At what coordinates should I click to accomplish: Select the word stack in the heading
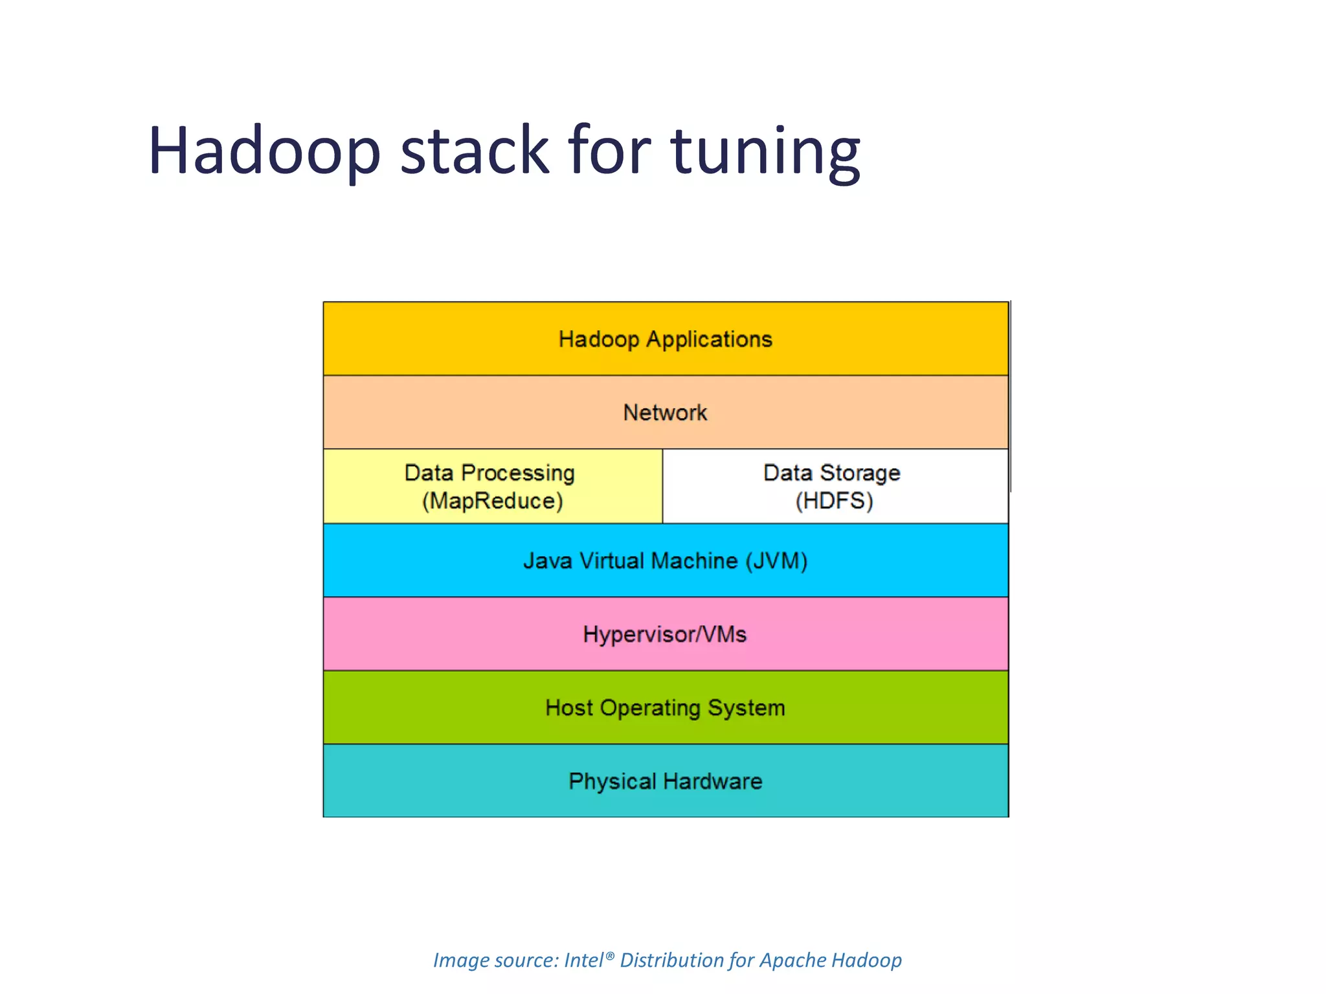click(x=475, y=150)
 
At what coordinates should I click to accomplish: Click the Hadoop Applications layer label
click(x=666, y=339)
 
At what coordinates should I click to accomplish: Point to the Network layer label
click(x=665, y=412)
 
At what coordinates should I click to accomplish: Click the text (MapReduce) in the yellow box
click(x=492, y=501)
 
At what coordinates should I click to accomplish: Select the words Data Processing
click(x=489, y=472)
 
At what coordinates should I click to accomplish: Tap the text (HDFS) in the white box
click(x=834, y=501)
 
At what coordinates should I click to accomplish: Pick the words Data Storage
click(x=831, y=472)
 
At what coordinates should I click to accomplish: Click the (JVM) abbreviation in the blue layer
click(x=776, y=560)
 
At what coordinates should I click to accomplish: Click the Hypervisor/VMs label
click(x=665, y=634)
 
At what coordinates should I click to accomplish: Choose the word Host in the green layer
click(x=569, y=707)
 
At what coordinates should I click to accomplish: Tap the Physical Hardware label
click(x=665, y=781)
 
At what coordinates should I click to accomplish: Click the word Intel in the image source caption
click(x=583, y=960)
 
